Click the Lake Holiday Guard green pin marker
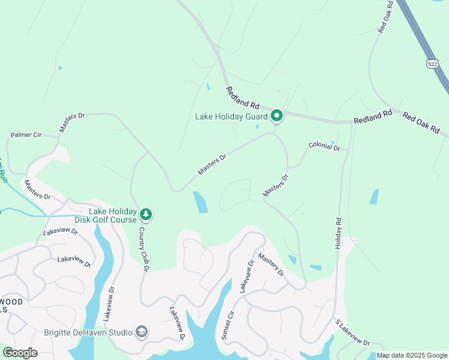click(277, 115)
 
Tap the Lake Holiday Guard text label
click(231, 116)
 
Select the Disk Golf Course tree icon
click(145, 214)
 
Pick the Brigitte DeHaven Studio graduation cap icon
click(142, 332)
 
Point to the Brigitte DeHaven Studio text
click(88, 333)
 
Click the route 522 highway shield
click(432, 63)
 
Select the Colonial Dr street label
click(324, 146)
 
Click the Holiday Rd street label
click(338, 233)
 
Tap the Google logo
click(20, 352)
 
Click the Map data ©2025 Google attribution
click(412, 355)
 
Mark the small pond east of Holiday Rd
click(374, 197)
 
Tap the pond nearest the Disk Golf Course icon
click(200, 202)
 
